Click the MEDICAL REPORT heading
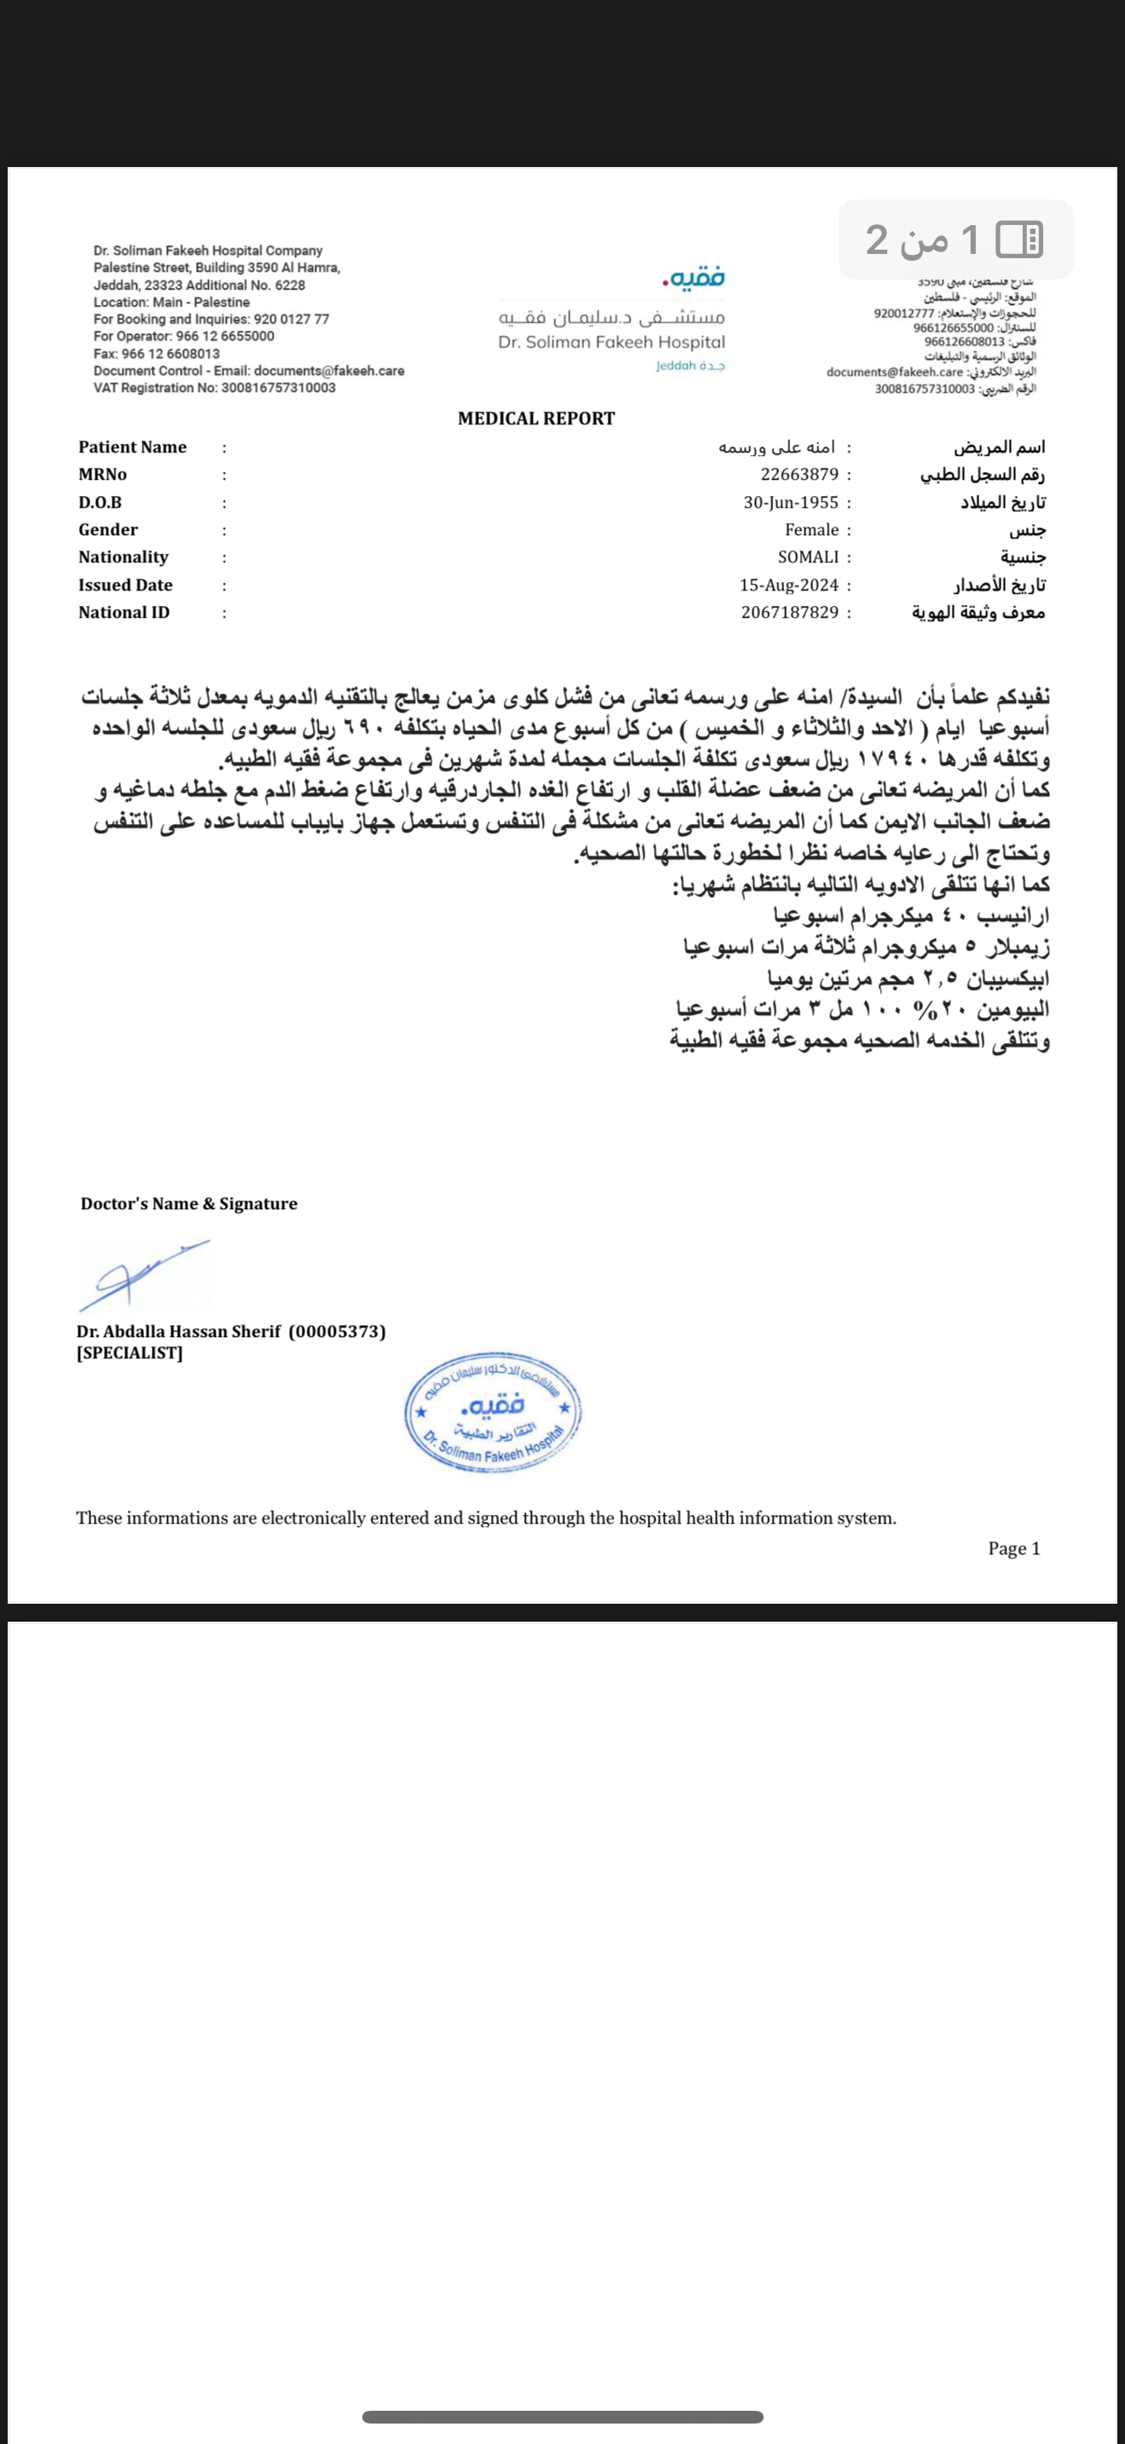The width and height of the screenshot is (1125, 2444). coord(536,418)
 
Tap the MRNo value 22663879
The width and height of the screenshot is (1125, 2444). coord(799,475)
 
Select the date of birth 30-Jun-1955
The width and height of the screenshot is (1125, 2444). coord(790,502)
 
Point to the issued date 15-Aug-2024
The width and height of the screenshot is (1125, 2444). coord(788,585)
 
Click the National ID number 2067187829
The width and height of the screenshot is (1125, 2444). coord(789,613)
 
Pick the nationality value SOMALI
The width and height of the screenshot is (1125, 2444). coord(808,557)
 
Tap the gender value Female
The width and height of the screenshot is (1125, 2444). coord(811,529)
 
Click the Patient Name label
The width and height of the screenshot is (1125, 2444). coord(132,447)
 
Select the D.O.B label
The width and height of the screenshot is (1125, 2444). coord(100,502)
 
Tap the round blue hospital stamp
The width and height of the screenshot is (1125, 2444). coord(493,1411)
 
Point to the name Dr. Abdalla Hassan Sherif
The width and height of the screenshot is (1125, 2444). coord(178,1331)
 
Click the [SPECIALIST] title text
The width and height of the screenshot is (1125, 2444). coord(129,1353)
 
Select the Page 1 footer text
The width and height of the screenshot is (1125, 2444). coord(1013,1548)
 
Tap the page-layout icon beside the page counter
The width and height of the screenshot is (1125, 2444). coord(1018,239)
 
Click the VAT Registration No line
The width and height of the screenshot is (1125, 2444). coord(215,388)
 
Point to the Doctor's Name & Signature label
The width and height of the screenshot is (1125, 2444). coord(188,1204)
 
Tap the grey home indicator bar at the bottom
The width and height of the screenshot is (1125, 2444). coord(562,2417)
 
